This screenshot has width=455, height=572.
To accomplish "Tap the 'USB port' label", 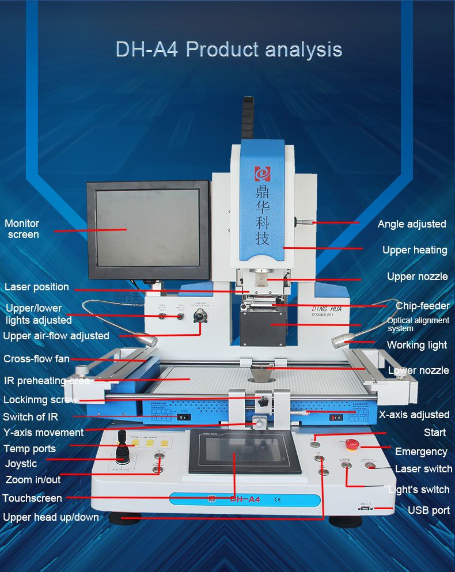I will tap(429, 510).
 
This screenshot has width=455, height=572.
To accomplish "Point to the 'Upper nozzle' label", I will tap(417, 276).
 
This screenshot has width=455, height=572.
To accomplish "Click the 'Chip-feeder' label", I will tap(422, 306).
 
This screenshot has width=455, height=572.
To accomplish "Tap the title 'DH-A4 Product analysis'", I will tap(229, 50).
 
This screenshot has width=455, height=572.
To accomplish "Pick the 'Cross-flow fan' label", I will tap(36, 359).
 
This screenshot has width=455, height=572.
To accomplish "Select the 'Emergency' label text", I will tap(421, 452).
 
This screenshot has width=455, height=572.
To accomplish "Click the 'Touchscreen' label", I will tap(32, 498).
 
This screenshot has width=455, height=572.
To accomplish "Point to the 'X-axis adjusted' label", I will tap(414, 415).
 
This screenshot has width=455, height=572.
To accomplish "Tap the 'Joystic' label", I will tap(21, 464).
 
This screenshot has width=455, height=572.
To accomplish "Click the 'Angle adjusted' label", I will tap(412, 224).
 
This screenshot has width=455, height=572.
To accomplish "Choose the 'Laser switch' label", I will tap(423, 469).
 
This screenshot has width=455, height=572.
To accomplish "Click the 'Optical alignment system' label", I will tap(418, 324).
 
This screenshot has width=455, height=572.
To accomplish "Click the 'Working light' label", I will tap(416, 346).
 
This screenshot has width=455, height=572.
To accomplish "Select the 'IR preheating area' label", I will tap(47, 381).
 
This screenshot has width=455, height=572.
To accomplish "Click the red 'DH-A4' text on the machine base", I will tap(245, 499).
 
